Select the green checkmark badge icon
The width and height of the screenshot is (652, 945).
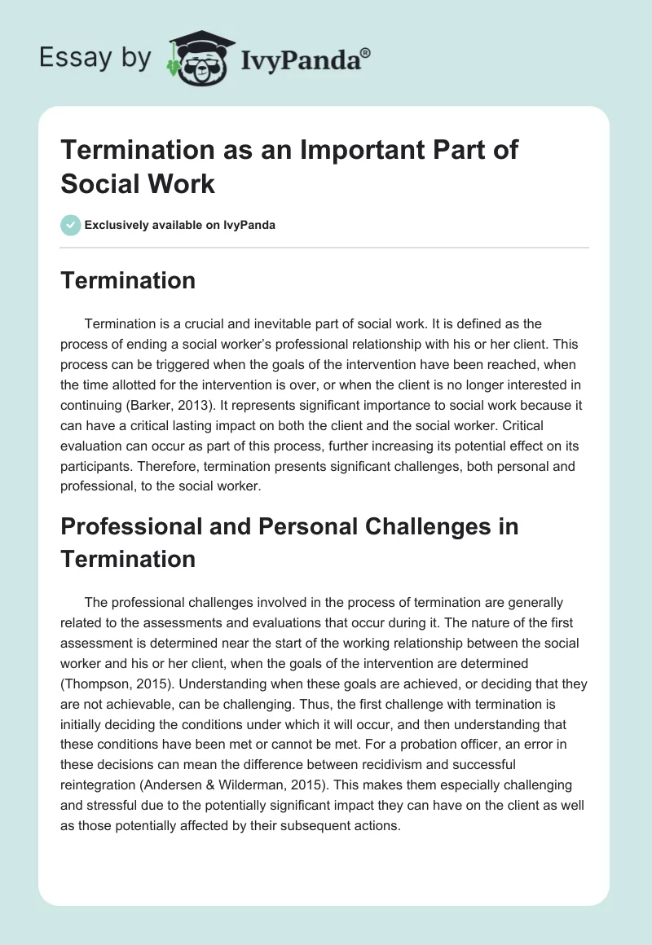point(71,225)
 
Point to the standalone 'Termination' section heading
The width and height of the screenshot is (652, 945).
point(128,280)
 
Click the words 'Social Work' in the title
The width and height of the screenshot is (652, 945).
point(138,183)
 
